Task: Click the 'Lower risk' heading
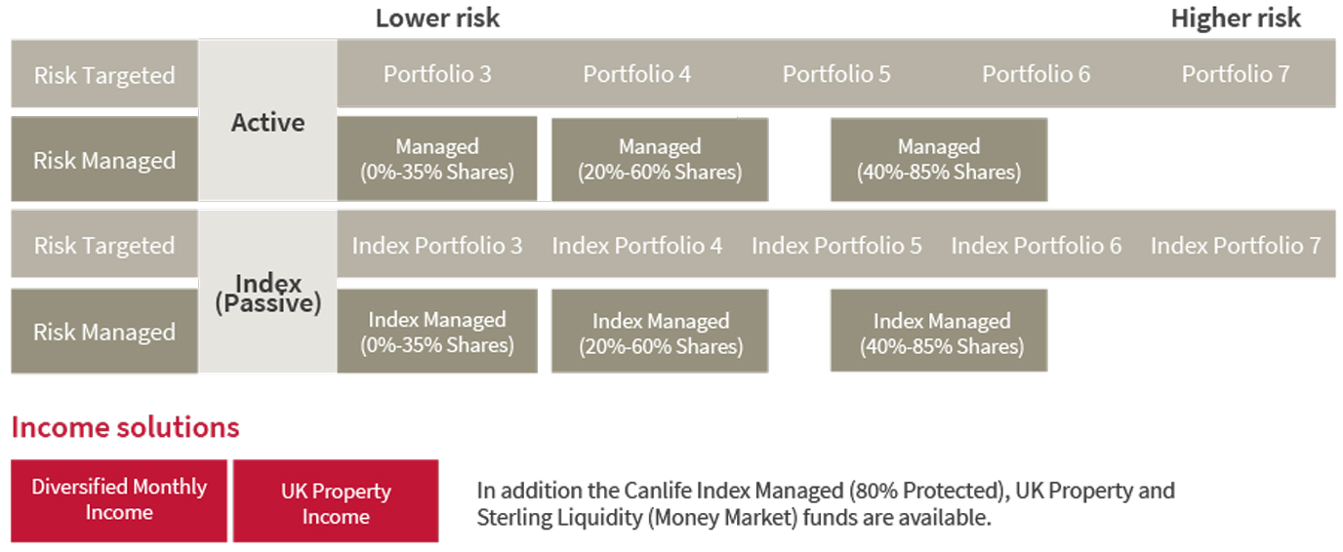coord(437,18)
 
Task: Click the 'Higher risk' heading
coord(1236,18)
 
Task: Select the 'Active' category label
coord(267,122)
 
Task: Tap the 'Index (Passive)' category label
coord(267,293)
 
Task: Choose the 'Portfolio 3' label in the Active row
coord(436,74)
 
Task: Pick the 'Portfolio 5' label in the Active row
coord(836,74)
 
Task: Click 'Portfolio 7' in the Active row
coord(1236,74)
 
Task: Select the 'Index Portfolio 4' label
coord(637,246)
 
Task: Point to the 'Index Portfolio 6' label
coord(1037,246)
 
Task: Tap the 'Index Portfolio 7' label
coord(1236,246)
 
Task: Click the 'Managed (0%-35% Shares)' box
coord(436,159)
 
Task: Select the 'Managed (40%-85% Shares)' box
coord(938,160)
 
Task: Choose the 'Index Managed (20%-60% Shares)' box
coord(660,333)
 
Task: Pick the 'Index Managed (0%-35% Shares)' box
coord(436,332)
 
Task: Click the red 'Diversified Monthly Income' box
coord(119,499)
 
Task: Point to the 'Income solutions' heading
coord(125,427)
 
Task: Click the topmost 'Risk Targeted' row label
coord(104,75)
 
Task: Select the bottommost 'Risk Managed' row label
coord(104,332)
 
